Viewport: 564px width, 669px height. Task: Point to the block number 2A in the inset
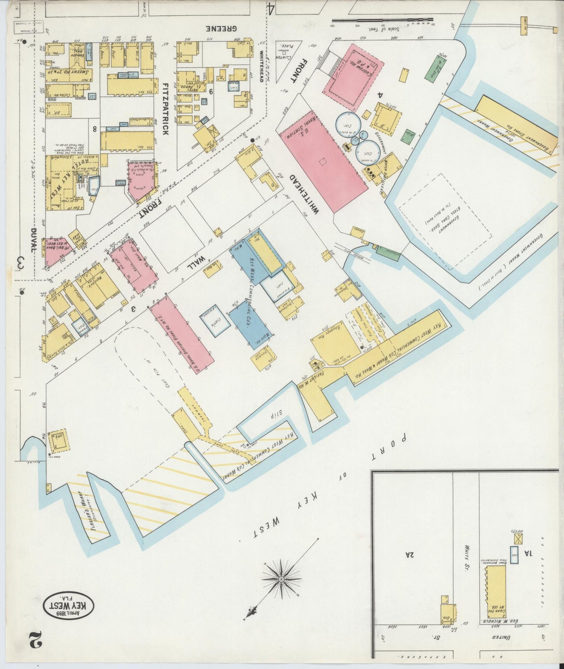409,554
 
